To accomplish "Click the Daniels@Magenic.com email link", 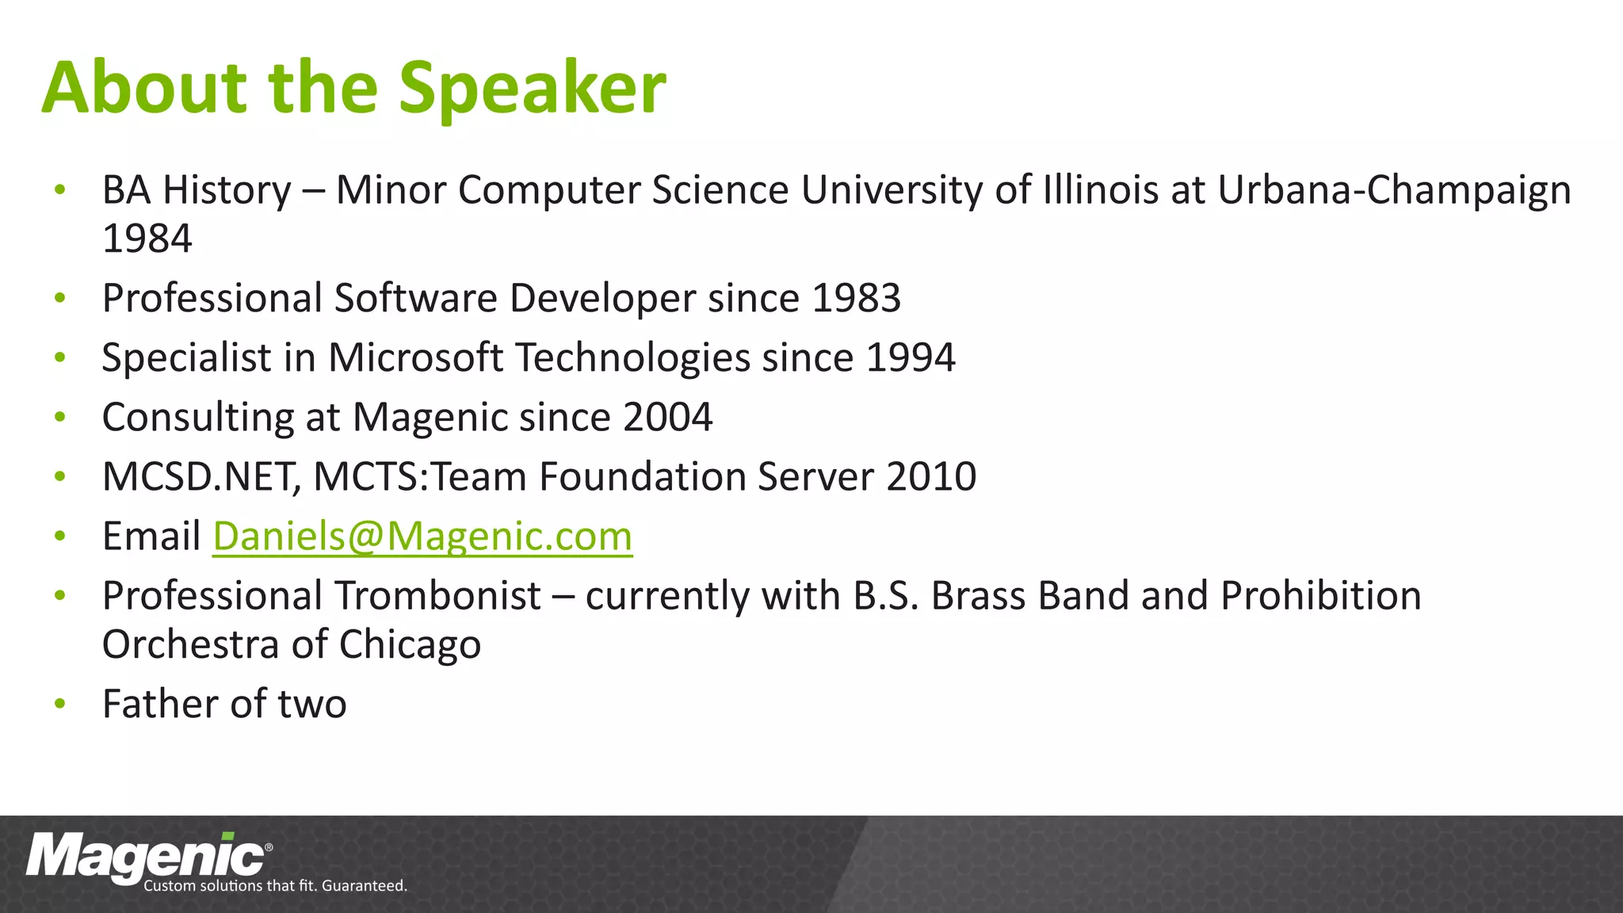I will click(422, 537).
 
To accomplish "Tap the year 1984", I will click(147, 239).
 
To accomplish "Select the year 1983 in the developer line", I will click(857, 299).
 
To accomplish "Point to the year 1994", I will click(911, 358).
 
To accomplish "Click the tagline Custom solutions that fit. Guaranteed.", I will click(275, 886).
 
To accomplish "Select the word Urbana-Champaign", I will click(1394, 191).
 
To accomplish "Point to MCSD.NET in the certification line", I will click(200, 477).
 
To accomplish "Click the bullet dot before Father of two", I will click(60, 704).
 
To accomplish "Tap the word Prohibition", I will click(1320, 596).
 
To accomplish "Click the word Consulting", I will click(198, 418).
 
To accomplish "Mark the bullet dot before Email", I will click(60, 537).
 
